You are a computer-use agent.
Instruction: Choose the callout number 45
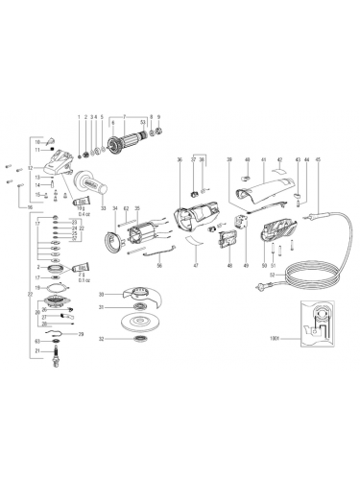click(x=317, y=159)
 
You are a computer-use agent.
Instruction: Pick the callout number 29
click(x=81, y=333)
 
